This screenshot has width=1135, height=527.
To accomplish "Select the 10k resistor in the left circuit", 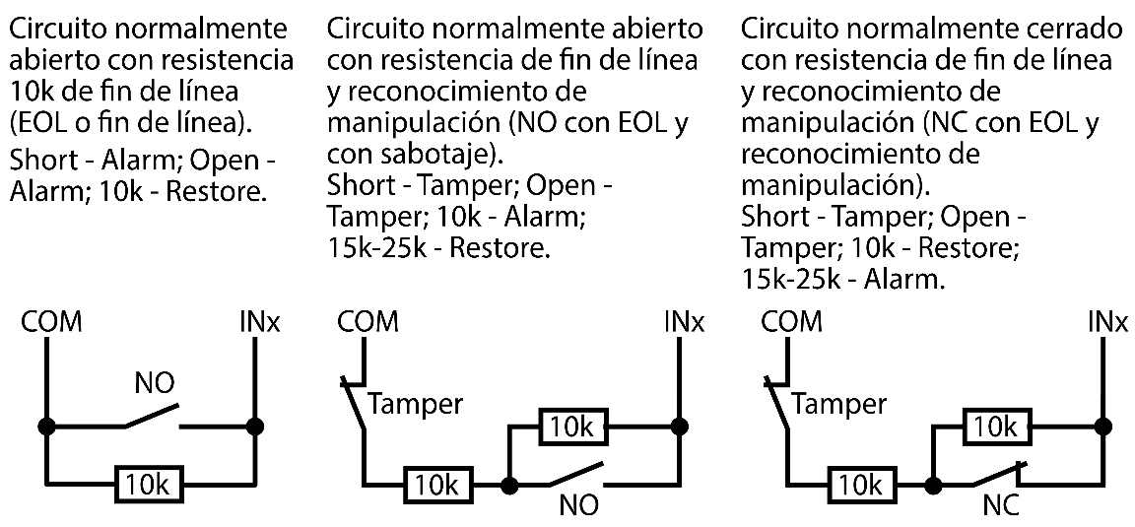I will point(148,484).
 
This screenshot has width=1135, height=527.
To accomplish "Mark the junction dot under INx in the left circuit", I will point(255,427).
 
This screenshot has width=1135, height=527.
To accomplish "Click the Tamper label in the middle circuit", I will point(414,404).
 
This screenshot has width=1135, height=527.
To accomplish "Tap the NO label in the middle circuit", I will point(578,508).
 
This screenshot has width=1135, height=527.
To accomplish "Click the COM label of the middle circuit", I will point(367,322).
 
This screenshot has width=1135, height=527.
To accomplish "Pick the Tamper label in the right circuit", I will point(838,404).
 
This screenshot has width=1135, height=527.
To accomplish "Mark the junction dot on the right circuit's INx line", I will point(1102,427).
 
